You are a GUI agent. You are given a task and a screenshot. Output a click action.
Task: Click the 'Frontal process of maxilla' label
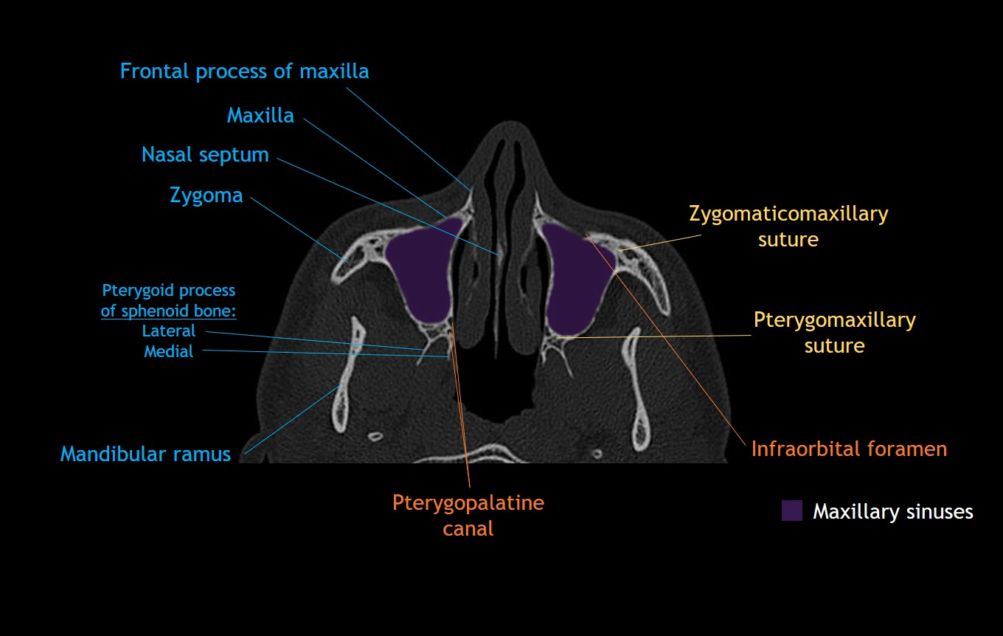pos(244,72)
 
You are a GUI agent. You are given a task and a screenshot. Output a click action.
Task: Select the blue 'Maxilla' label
pos(260,116)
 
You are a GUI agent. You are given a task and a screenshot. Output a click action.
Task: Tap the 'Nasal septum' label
pos(205,155)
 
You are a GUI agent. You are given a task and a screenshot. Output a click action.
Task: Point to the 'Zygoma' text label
pos(206,196)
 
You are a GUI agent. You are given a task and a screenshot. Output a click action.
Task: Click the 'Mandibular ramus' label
pos(145,454)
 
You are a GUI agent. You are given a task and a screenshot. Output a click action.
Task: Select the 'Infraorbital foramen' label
pos(849,449)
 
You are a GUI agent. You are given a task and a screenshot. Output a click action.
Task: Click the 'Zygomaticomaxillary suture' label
pos(788,227)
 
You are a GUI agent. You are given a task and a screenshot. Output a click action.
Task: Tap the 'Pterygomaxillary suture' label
pos(834,333)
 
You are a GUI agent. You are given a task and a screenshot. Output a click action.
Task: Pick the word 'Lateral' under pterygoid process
pos(169,331)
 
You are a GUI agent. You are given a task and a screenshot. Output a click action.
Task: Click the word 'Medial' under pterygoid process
pos(169,351)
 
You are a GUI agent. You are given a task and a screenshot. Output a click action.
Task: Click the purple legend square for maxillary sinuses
pos(791,511)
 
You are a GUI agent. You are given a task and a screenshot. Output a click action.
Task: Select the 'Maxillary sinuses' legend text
pos(892,511)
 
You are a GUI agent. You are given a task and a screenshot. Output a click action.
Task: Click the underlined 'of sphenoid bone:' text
pos(168,311)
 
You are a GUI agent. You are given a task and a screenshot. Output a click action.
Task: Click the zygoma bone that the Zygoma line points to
pos(345,260)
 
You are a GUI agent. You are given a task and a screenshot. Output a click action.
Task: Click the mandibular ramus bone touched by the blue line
pos(341,387)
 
